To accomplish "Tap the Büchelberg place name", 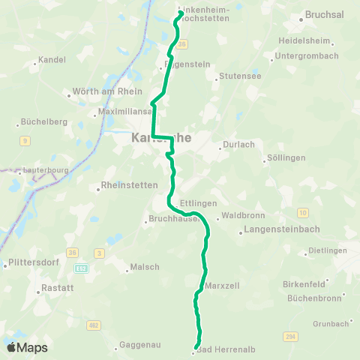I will (44, 121).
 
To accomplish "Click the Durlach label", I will (241, 145).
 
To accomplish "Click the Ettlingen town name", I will (199, 203).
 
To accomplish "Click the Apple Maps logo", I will (27, 347).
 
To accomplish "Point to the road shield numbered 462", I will (94, 325).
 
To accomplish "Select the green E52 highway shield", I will (82, 268).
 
